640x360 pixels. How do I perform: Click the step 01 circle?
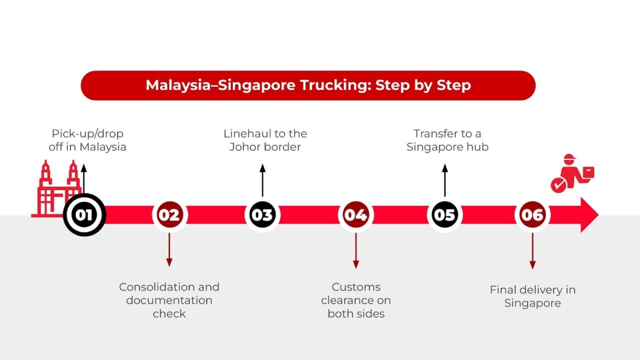(x=84, y=215)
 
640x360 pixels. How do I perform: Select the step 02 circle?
(x=169, y=215)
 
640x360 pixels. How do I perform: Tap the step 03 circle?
(x=262, y=215)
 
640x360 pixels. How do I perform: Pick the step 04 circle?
(x=355, y=215)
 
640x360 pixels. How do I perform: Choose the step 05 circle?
(x=444, y=215)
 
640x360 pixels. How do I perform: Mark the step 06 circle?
(x=532, y=215)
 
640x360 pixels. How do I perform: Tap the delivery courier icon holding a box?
(x=573, y=173)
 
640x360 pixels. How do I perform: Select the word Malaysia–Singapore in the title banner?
(x=220, y=85)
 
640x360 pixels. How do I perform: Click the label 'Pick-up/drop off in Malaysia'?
(x=87, y=140)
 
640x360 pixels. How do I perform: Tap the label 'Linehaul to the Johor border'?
(x=265, y=140)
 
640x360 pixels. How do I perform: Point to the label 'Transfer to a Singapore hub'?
(x=447, y=140)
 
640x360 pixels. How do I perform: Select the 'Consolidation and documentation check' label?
(x=169, y=300)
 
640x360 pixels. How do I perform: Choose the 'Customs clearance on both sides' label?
(x=355, y=300)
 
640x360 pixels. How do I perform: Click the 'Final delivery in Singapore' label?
(x=532, y=296)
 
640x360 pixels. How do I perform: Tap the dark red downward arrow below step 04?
(x=355, y=250)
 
